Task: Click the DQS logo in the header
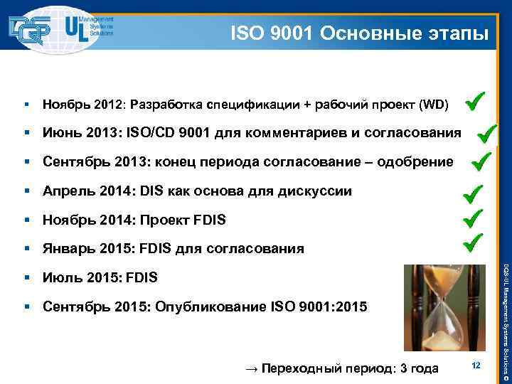30,28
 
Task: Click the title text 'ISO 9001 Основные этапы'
359,33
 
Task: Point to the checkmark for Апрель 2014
473,192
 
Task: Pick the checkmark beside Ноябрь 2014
473,217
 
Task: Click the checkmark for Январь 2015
473,243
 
